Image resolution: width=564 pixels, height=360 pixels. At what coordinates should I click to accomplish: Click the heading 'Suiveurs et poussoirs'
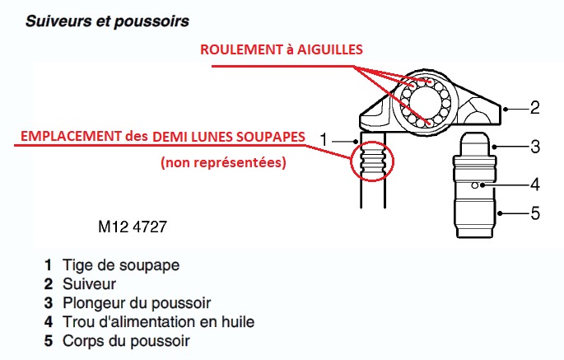[x=107, y=21]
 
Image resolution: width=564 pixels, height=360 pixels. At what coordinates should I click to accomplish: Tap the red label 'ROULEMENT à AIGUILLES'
[x=282, y=49]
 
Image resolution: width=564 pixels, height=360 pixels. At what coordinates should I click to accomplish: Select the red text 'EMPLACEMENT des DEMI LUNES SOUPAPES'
[x=163, y=137]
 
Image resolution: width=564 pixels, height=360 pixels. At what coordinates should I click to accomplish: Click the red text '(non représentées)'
[x=223, y=162]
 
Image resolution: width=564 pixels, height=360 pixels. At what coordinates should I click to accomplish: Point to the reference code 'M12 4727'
[x=133, y=227]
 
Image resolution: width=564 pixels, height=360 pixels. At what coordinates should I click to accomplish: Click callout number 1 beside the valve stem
[x=324, y=139]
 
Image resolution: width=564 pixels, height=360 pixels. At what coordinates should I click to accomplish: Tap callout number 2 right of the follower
[x=535, y=108]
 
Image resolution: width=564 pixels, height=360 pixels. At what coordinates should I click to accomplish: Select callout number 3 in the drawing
[x=535, y=147]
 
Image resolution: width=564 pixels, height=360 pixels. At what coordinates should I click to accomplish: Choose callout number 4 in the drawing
[x=535, y=185]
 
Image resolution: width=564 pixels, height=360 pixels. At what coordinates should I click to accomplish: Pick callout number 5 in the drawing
[x=535, y=213]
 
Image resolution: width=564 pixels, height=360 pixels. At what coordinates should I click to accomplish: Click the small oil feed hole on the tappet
[x=475, y=185]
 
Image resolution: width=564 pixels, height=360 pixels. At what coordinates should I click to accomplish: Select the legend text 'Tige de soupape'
[x=121, y=265]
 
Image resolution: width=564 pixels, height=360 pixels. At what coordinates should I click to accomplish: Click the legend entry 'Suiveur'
[x=89, y=284]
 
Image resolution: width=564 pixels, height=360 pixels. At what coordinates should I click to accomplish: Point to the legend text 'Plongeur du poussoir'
[x=137, y=303]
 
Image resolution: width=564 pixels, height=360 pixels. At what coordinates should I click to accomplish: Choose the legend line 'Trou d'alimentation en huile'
[x=158, y=322]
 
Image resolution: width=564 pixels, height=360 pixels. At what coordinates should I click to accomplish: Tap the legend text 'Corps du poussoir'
[x=126, y=341]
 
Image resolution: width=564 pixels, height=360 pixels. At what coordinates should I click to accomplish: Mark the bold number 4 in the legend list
[x=49, y=322]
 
